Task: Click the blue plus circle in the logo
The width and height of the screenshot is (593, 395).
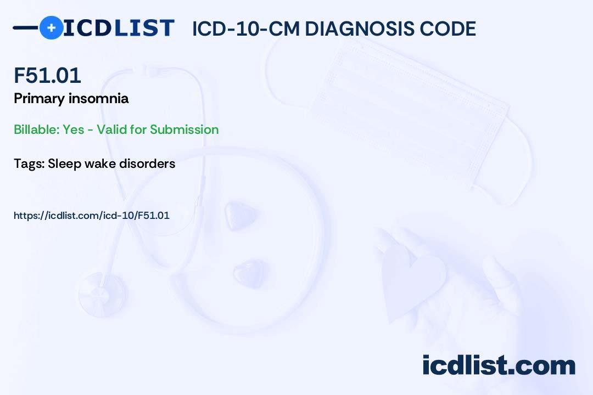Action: pos(51,27)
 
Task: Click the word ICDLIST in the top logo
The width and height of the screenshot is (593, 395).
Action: pos(119,28)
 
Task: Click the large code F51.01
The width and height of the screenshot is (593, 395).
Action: pos(47,75)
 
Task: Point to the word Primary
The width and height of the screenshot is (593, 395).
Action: pos(40,99)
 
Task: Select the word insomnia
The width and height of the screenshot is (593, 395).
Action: pos(99,98)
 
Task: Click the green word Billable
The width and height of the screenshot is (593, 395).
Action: pos(37,129)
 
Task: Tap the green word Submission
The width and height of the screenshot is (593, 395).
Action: pos(184,129)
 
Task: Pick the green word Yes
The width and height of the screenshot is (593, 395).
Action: pos(74,129)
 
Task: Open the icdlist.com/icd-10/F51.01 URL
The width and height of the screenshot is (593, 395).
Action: pos(92,216)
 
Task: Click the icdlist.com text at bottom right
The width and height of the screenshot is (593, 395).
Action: pos(499,365)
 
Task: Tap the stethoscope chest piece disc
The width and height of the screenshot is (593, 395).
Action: pos(102,294)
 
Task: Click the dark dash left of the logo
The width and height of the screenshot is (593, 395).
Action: pos(26,27)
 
